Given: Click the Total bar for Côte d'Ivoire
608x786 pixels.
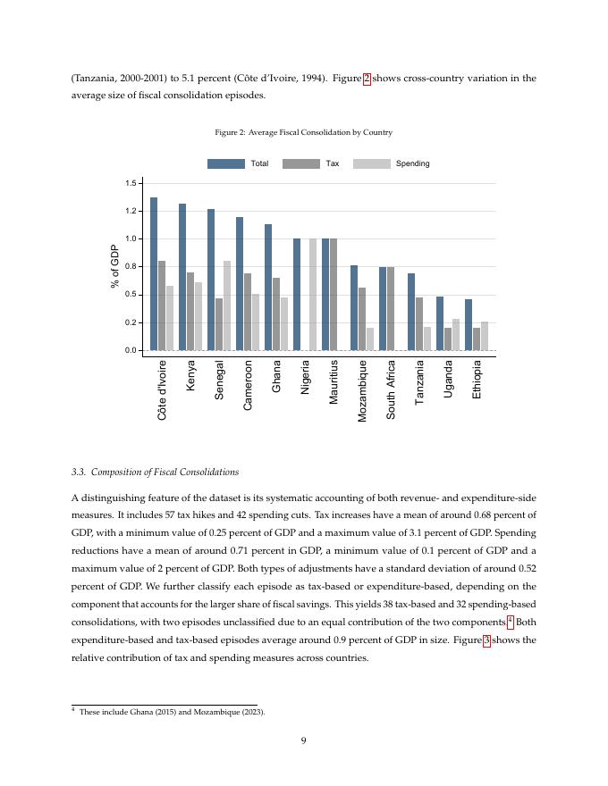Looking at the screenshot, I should pyautogui.click(x=154, y=273).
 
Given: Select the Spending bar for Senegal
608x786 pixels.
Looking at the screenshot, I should pyautogui.click(x=227, y=305).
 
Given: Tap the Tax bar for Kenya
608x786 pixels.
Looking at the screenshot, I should pyautogui.click(x=190, y=311).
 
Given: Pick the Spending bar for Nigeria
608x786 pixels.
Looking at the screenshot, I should pyautogui.click(x=313, y=294).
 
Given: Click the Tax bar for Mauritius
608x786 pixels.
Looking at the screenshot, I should pyautogui.click(x=334, y=294).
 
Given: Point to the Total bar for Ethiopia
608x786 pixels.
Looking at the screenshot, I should pyautogui.click(x=469, y=324).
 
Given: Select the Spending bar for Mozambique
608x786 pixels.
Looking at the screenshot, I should pyautogui.click(x=370, y=339).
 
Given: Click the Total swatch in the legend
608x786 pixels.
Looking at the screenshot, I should pyautogui.click(x=225, y=163).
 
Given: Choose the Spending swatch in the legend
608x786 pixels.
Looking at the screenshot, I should pyautogui.click(x=372, y=163).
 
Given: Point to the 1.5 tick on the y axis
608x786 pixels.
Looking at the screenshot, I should pyautogui.click(x=131, y=183).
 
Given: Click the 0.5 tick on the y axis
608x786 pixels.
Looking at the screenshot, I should pyautogui.click(x=131, y=295).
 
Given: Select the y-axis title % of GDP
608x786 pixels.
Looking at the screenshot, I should pyautogui.click(x=115, y=266).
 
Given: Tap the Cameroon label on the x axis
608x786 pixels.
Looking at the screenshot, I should pyautogui.click(x=248, y=385).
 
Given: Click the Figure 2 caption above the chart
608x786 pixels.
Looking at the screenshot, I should pyautogui.click(x=303, y=132).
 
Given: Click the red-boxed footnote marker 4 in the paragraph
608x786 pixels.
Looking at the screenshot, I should pyautogui.click(x=510, y=622).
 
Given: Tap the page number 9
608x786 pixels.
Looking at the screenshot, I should pyautogui.click(x=304, y=740).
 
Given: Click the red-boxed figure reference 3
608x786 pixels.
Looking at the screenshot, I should pyautogui.click(x=486, y=640).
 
